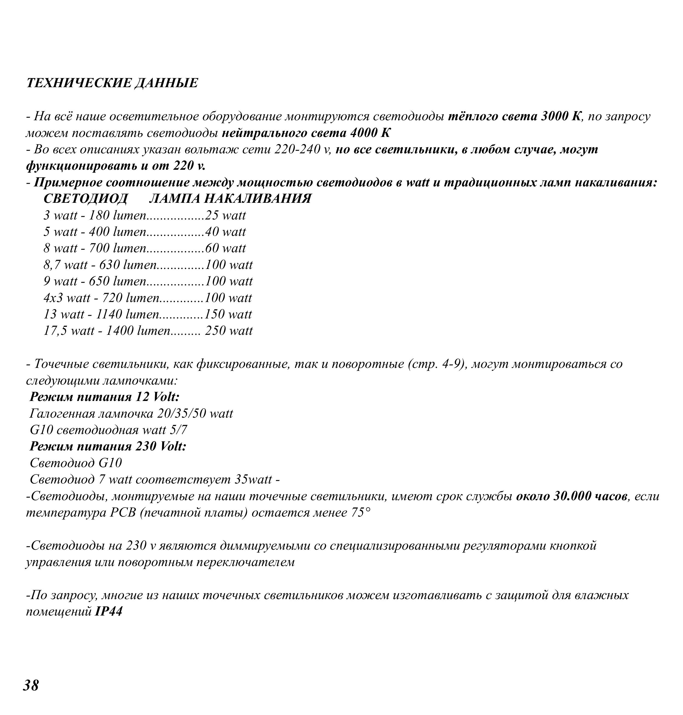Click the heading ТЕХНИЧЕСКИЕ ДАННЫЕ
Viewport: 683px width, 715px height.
[x=112, y=83]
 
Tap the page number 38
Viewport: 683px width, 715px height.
[x=31, y=685]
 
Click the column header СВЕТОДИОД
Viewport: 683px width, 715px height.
[x=86, y=199]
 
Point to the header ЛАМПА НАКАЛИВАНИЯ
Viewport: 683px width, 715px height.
[x=230, y=199]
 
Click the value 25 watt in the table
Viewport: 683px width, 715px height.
[x=225, y=215]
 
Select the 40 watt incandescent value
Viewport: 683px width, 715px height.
[x=225, y=232]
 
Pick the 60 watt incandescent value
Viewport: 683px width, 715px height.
[x=225, y=248]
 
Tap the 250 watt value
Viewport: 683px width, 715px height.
[x=229, y=331]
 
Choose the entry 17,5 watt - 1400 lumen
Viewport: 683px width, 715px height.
[x=107, y=331]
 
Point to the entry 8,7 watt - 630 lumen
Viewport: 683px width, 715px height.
[x=100, y=265]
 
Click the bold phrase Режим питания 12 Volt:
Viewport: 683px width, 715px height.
[x=105, y=397]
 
